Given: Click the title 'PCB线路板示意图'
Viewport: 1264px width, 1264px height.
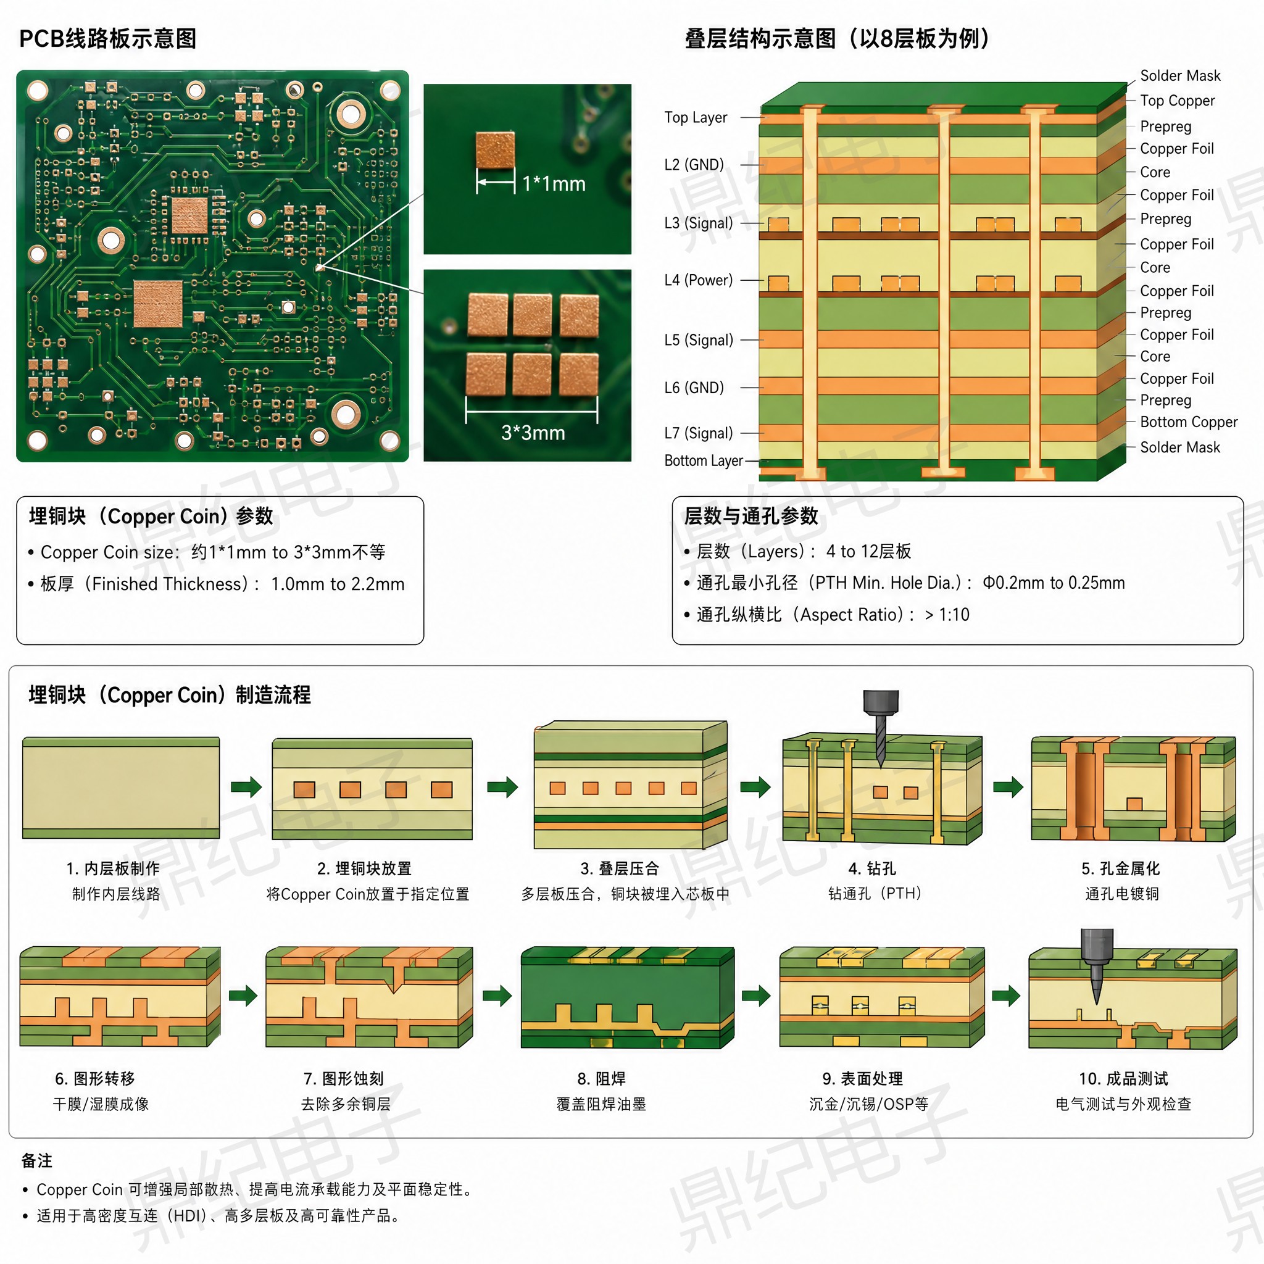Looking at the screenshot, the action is click(108, 39).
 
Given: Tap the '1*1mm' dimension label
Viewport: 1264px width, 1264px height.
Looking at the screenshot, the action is click(554, 184).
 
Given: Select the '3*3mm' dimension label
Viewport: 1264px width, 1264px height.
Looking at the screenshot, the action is click(533, 433).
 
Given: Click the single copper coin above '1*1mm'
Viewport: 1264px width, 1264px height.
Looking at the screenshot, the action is click(495, 151).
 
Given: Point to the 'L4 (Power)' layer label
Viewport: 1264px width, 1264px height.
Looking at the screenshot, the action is click(698, 280).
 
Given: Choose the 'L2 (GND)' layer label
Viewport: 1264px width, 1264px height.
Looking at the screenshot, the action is click(694, 165).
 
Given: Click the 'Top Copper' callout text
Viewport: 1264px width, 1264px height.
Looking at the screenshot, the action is click(1177, 101).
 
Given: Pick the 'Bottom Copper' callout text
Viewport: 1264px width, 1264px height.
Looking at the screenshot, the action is click(1189, 422).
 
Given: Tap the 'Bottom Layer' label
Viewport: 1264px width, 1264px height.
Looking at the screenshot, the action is click(704, 460).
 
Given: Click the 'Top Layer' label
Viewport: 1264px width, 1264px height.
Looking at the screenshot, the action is click(696, 118).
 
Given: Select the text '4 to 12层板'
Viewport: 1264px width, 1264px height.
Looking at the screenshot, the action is click(868, 552).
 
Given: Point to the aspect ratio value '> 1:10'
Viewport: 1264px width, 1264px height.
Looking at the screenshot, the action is click(947, 615).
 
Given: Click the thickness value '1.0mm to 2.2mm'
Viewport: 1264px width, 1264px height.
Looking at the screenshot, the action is click(338, 584).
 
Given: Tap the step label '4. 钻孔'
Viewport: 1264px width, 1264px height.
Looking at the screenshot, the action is click(872, 869).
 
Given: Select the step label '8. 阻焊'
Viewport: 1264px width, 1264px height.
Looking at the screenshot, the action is click(601, 1079).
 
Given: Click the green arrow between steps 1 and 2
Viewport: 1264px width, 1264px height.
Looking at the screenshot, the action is click(246, 786).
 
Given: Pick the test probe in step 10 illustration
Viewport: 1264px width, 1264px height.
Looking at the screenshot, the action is click(1097, 966).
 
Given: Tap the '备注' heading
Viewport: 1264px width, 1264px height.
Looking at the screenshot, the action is click(36, 1162).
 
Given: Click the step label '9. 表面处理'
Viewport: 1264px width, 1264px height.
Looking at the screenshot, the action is click(862, 1079).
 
